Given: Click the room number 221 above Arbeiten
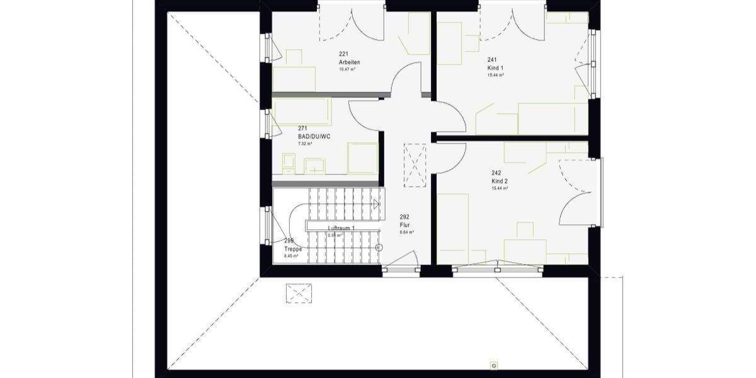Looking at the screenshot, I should click(x=343, y=54).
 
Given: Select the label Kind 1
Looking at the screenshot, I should click(x=495, y=67).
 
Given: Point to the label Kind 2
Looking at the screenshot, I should click(x=500, y=180).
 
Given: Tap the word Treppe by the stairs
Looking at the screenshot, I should click(x=293, y=249).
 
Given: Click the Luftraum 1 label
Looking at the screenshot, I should click(x=341, y=228).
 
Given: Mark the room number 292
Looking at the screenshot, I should click(x=404, y=217).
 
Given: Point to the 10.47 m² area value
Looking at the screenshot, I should click(x=347, y=69).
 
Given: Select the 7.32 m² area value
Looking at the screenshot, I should click(x=305, y=144).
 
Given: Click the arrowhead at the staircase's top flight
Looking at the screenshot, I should click(x=377, y=203).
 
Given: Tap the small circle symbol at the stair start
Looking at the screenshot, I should click(x=379, y=248).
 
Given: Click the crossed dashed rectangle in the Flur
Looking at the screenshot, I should click(x=415, y=165).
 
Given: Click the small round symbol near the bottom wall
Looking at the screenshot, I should click(x=494, y=365).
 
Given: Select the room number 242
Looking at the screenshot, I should click(x=496, y=173).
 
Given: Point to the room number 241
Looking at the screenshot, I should click(x=491, y=60).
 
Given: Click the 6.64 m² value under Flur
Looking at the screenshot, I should click(x=406, y=232).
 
